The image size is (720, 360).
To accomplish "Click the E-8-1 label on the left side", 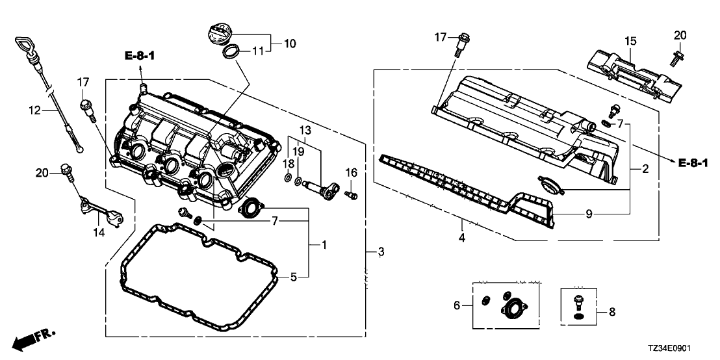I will (x=140, y=57).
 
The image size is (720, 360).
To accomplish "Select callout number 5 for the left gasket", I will (x=294, y=277).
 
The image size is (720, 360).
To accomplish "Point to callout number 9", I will (x=588, y=212).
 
